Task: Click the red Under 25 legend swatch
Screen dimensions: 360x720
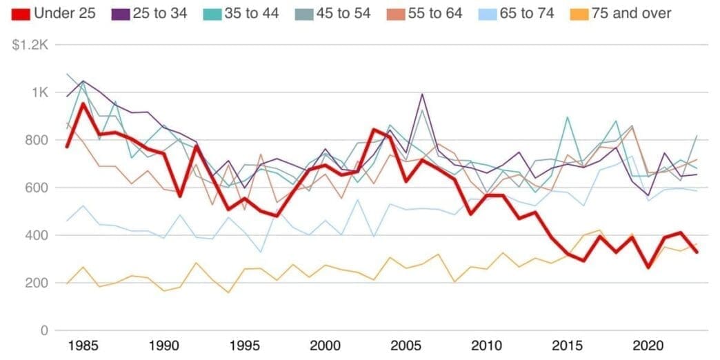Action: pyautogui.click(x=20, y=13)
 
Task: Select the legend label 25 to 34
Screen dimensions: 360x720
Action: pyautogui.click(x=161, y=13)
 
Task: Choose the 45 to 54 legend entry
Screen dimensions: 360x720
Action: pyautogui.click(x=343, y=13)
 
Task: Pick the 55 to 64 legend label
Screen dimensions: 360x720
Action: pyautogui.click(x=434, y=13)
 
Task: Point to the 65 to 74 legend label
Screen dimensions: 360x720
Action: pyautogui.click(x=527, y=13)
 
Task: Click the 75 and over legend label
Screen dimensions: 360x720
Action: pyautogui.click(x=630, y=13)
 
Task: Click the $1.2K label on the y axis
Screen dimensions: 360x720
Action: pyautogui.click(x=29, y=45)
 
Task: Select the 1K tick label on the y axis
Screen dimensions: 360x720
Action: pyautogui.click(x=39, y=92)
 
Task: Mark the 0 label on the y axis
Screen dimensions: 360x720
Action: pyautogui.click(x=43, y=330)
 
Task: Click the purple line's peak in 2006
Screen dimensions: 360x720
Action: pyautogui.click(x=421, y=94)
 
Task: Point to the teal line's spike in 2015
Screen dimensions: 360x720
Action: pyautogui.click(x=567, y=117)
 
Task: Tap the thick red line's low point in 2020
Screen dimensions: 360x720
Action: pyautogui.click(x=647, y=268)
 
